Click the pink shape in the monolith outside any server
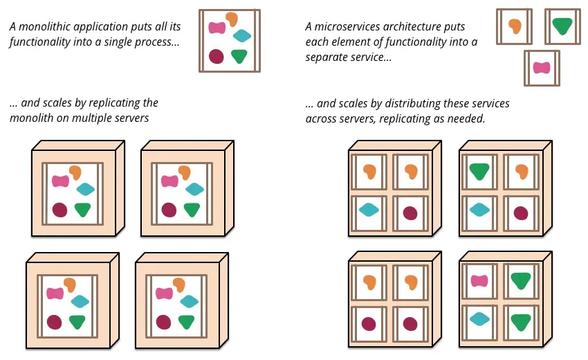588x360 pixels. click(217, 28)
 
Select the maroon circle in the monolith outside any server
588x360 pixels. click(216, 56)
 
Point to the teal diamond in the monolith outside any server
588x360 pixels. click(242, 36)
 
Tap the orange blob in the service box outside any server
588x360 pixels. click(515, 26)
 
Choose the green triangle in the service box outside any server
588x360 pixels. click(562, 26)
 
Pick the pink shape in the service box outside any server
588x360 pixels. click(542, 68)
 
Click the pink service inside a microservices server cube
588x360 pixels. click(479, 281)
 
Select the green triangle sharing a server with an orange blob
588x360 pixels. click(479, 171)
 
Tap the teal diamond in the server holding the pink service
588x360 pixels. click(479, 318)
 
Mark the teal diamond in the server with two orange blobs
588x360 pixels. click(369, 210)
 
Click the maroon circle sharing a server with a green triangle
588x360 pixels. click(521, 213)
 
